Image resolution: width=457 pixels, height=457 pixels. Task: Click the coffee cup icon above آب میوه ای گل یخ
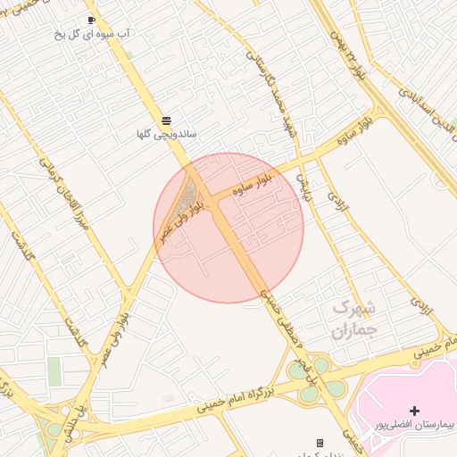tap(91, 20)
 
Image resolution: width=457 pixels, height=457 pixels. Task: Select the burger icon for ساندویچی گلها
tap(166, 120)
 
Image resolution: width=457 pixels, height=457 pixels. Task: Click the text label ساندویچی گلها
tap(166, 135)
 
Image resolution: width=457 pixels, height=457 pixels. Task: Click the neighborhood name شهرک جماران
tap(355, 319)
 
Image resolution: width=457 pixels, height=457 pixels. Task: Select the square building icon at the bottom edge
tap(320, 443)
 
